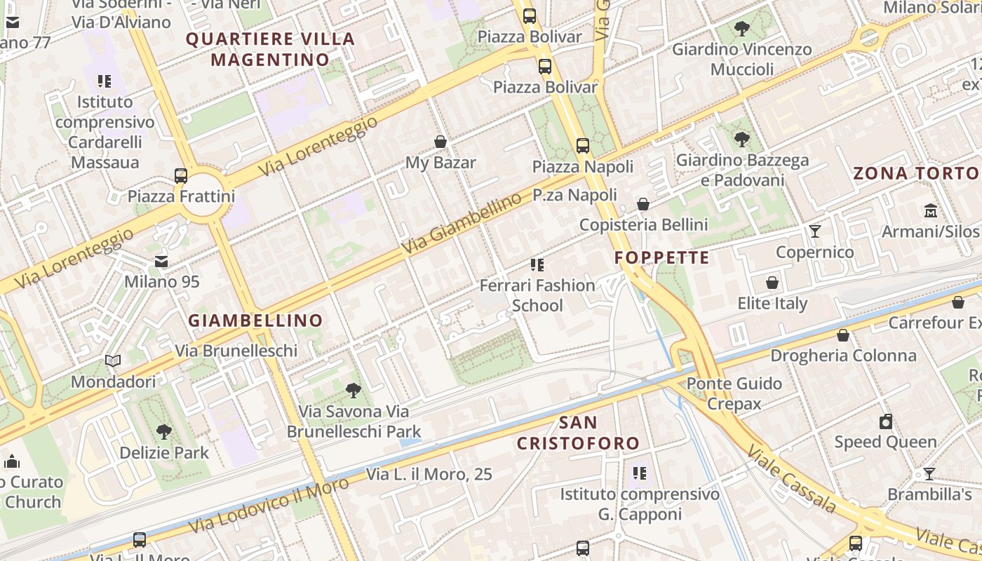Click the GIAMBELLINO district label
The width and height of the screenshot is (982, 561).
pyautogui.click(x=255, y=320)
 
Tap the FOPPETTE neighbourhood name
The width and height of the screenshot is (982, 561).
pyautogui.click(x=662, y=257)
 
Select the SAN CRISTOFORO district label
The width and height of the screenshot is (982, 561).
pyautogui.click(x=579, y=433)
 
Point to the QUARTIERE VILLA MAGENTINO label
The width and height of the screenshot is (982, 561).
pyautogui.click(x=270, y=49)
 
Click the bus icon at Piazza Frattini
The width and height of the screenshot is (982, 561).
pyautogui.click(x=181, y=175)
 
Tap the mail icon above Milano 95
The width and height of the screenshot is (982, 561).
pyautogui.click(x=161, y=262)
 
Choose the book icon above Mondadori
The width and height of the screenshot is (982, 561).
pyautogui.click(x=113, y=361)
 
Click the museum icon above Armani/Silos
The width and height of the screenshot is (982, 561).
pyautogui.click(x=931, y=210)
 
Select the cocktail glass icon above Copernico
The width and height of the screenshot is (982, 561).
pyautogui.click(x=814, y=231)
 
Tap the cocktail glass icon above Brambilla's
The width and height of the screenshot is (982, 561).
pyautogui.click(x=929, y=474)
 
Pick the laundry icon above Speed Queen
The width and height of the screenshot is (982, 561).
pyautogui.click(x=886, y=421)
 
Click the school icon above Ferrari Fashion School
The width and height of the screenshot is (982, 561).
pyautogui.click(x=537, y=265)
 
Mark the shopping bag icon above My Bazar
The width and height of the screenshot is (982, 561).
pyautogui.click(x=440, y=142)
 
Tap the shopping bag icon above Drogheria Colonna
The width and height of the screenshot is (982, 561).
pyautogui.click(x=843, y=335)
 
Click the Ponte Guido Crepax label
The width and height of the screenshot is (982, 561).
pyautogui.click(x=734, y=393)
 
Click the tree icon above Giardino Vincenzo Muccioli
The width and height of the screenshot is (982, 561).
pyautogui.click(x=741, y=29)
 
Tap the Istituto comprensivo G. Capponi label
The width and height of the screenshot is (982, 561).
pyautogui.click(x=639, y=504)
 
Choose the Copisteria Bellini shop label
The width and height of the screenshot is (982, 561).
pyautogui.click(x=643, y=224)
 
